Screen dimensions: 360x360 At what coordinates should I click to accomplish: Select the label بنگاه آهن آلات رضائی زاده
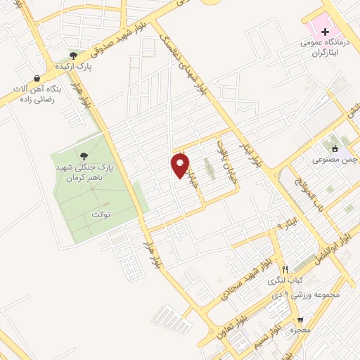click(x=36, y=95)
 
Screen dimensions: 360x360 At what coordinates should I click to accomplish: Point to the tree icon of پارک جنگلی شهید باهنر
click(x=84, y=157)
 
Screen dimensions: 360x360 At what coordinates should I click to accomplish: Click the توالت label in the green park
click(x=102, y=213)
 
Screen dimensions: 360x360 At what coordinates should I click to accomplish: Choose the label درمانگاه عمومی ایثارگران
click(x=323, y=46)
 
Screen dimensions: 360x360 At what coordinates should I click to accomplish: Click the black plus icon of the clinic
click(x=324, y=31)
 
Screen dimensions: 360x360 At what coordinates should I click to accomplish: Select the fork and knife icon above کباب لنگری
click(x=285, y=269)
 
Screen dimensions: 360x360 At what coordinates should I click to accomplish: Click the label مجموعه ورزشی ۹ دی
click(x=309, y=294)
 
